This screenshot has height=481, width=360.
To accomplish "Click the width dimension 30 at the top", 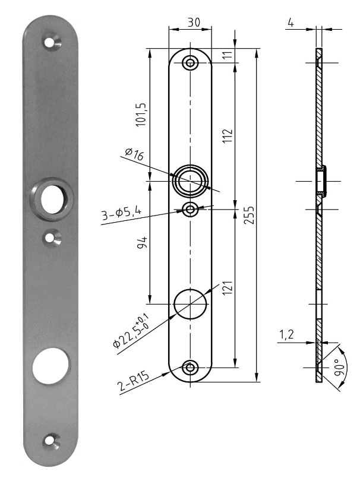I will point(193,21).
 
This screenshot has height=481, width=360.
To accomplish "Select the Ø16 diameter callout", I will point(135,156).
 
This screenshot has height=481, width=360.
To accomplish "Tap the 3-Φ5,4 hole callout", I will point(122,214).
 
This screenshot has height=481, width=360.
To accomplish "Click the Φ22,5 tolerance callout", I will point(132,334).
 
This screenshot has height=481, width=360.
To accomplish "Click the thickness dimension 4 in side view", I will point(291,23).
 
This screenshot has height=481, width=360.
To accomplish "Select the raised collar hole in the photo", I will point(52,198).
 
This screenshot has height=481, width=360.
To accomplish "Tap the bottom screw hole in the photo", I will point(52,441).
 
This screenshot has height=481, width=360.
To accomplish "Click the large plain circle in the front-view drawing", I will point(190,303).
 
